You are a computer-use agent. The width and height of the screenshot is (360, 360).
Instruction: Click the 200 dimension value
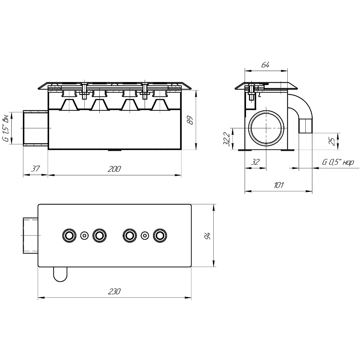(114, 169)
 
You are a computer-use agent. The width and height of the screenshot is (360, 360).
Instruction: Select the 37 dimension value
(35, 169)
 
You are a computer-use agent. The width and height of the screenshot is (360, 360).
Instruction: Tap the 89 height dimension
(190, 120)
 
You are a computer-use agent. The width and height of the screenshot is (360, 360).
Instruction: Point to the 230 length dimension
(114, 292)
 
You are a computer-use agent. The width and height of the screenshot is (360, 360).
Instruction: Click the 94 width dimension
(207, 236)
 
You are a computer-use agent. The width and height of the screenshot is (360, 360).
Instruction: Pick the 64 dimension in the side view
(265, 65)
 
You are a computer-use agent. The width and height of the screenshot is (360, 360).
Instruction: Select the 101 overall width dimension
(279, 185)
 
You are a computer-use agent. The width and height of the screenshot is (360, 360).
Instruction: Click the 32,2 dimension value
(227, 139)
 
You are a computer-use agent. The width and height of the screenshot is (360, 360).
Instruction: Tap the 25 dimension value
(332, 141)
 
